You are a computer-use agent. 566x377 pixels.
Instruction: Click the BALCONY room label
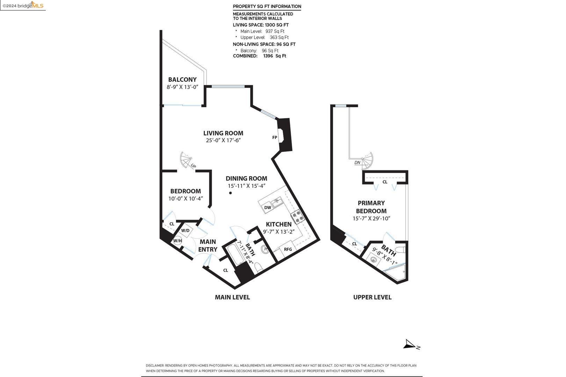click(x=182, y=80)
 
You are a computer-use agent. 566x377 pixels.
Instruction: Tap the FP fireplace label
click(x=275, y=138)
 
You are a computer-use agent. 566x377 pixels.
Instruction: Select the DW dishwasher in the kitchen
click(x=268, y=207)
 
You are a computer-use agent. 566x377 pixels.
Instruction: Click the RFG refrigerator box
click(x=288, y=249)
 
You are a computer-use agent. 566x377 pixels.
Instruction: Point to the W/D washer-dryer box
click(x=185, y=231)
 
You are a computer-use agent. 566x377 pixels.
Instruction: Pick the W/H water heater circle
click(x=177, y=241)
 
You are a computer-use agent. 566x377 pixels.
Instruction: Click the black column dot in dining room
click(x=231, y=193)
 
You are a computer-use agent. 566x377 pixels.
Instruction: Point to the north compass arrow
click(x=411, y=345)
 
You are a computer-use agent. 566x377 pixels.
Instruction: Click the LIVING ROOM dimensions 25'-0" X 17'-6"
click(x=223, y=140)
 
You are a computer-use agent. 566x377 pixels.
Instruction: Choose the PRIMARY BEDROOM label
click(x=371, y=207)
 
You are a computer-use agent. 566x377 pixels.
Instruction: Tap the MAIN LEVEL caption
click(x=232, y=297)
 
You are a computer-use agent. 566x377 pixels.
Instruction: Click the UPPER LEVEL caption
click(x=372, y=297)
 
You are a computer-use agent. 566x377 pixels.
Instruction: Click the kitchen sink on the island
click(x=278, y=202)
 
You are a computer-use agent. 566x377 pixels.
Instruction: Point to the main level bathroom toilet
click(x=259, y=268)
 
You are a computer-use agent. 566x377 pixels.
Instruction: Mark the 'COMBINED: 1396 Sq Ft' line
click(x=260, y=56)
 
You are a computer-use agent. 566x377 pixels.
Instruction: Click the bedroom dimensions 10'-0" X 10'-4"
click(x=186, y=199)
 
